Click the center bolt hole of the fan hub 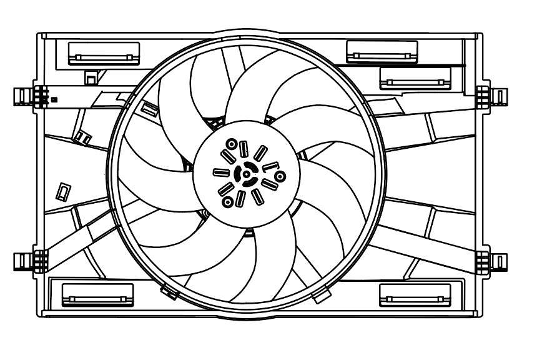click(x=246, y=175)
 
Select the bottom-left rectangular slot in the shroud click(x=98, y=294)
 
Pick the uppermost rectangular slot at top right click(x=382, y=51)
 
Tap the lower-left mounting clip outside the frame click(x=23, y=259)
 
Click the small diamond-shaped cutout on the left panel click(x=63, y=191)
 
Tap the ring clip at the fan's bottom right click(x=322, y=295)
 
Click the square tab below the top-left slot click(x=91, y=77)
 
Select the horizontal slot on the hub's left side click(x=220, y=172)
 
